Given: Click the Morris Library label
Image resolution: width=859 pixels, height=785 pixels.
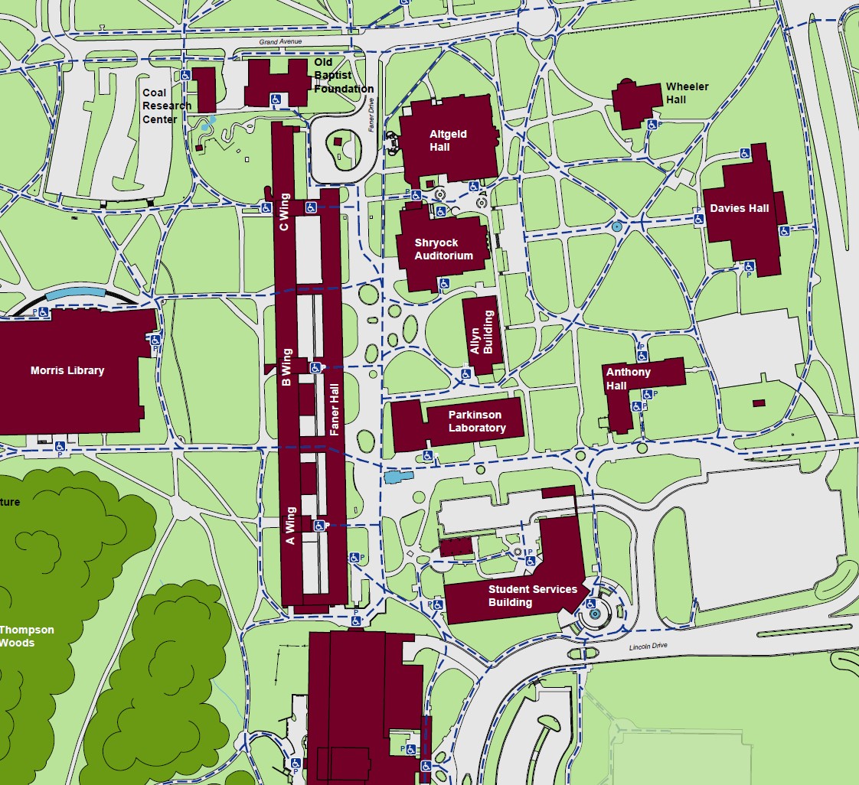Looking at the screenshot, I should pos(67,370).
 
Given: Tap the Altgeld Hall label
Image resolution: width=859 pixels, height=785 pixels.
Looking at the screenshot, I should pos(448,141).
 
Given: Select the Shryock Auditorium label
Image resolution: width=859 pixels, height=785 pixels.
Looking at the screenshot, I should pos(444,249).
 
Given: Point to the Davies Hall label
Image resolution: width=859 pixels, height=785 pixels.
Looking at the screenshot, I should pos(739,208).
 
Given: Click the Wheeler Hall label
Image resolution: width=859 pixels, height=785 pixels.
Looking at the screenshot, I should pos(687,93).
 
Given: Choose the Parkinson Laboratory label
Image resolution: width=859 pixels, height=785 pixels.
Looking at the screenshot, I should pos(477,422).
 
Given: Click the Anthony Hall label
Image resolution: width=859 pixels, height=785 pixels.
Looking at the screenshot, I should pos(628,379).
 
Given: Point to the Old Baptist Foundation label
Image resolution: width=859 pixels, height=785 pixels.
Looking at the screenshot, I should pos(343,76).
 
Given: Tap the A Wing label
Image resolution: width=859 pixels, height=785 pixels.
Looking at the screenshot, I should pos(290,526).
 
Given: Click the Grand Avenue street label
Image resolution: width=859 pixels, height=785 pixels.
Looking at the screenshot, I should pos(282,41).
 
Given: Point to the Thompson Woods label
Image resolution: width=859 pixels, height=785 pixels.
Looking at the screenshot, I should pos(26,637).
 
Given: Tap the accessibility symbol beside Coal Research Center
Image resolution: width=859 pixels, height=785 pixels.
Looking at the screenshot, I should pos(185,75).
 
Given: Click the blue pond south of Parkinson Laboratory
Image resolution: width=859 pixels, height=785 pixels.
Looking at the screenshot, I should pos(393,477).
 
